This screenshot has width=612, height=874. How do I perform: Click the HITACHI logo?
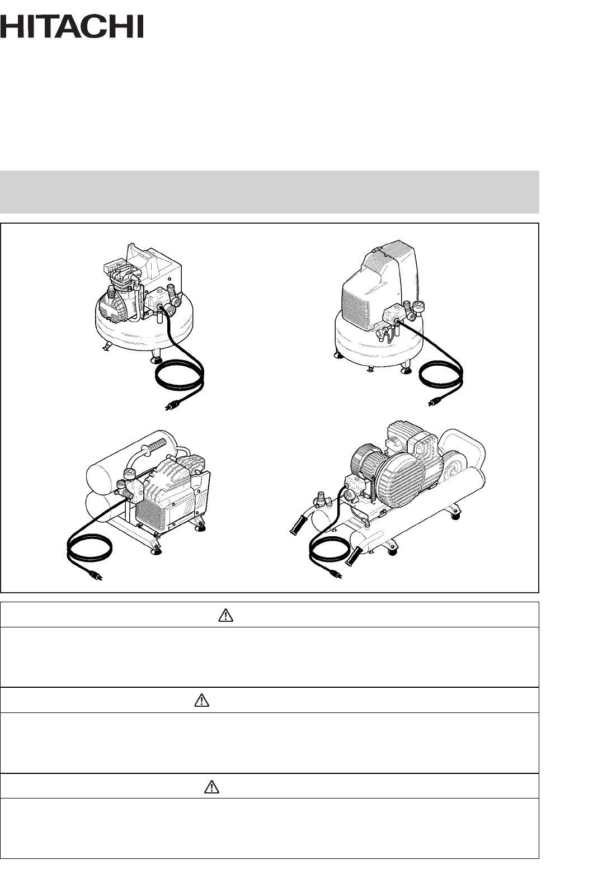coord(72,26)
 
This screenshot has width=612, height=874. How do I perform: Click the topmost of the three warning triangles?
coord(225,615)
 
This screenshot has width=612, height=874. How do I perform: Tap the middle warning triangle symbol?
coord(201,700)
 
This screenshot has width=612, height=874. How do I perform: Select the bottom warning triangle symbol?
coord(211,787)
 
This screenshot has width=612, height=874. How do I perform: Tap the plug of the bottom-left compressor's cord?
coord(95,575)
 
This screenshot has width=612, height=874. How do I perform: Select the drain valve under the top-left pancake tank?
coord(106,347)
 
